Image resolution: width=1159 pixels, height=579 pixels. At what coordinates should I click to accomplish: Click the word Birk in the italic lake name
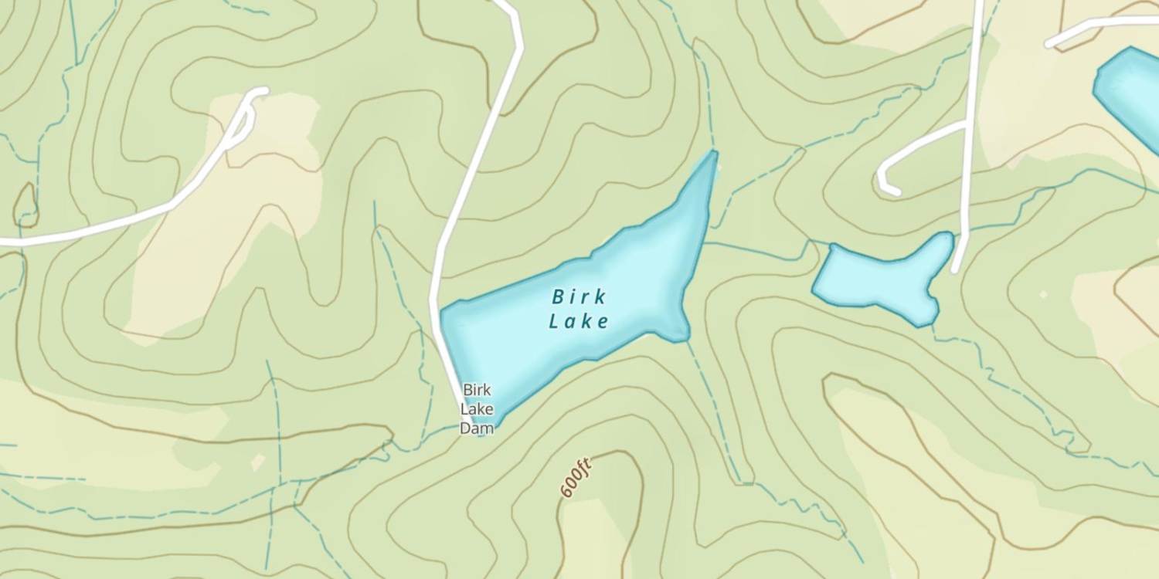coord(579,297)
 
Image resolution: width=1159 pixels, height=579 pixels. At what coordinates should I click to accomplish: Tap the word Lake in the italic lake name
coord(579,321)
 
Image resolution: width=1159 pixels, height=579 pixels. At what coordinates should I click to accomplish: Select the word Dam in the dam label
coord(476,428)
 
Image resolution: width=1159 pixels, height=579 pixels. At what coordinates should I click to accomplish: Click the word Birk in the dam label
coord(476,390)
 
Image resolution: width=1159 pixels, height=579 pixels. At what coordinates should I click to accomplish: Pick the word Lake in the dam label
coord(476,408)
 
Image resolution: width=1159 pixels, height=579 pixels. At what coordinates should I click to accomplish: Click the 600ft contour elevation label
coord(576,477)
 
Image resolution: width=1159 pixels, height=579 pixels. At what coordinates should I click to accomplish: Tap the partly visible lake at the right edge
coord(1132,93)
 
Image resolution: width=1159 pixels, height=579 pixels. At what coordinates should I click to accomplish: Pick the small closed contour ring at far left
coord(25,205)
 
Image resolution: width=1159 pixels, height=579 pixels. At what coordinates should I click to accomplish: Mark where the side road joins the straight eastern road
coord(966,124)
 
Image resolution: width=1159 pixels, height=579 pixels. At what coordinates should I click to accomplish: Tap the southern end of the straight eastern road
coord(957,269)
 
